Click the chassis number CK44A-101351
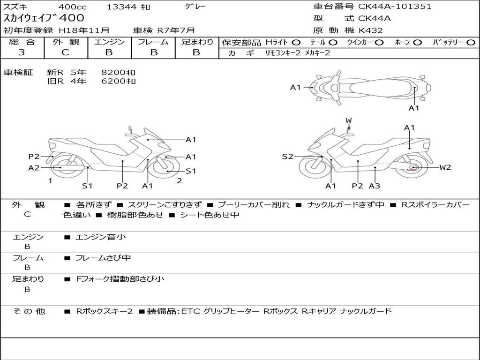395,7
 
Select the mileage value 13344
121,7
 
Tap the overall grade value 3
22,52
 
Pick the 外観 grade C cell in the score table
65,52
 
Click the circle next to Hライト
296,43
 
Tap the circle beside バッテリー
471,43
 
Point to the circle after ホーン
417,43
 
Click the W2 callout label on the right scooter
445,167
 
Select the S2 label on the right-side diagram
287,157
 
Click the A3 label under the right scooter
375,186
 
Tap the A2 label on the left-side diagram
34,168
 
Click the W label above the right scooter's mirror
349,120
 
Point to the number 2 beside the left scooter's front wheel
180,181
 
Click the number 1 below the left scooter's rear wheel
50,181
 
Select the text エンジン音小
101,237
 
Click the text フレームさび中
103,258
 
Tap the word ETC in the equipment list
190,311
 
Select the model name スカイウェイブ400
44,18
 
